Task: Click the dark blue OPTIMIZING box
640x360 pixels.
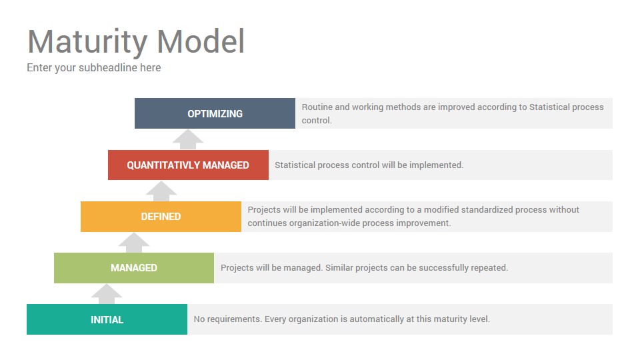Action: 215,113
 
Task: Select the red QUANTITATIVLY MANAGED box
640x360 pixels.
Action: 188,165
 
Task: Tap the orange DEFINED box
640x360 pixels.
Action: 161,216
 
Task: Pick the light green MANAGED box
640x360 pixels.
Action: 134,268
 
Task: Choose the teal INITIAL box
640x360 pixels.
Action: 107,319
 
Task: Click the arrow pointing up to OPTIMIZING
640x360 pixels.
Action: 188,139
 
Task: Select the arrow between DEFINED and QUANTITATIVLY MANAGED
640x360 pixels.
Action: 161,191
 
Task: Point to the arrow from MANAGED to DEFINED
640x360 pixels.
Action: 134,243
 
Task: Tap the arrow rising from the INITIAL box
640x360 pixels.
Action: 107,294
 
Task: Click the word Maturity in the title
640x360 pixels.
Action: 87,42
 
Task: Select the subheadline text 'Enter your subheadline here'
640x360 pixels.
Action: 94,68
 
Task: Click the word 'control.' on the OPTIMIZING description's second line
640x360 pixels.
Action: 317,121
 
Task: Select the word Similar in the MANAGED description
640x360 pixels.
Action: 339,268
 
